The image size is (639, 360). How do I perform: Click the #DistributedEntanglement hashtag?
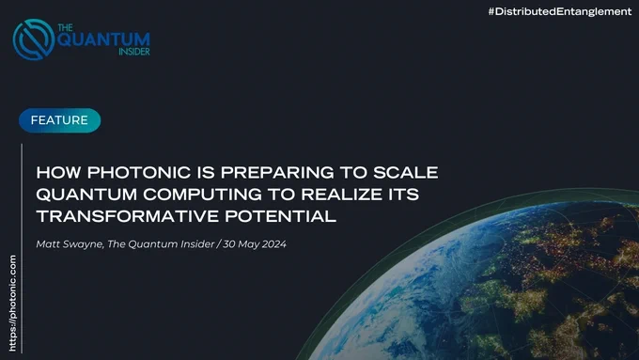click(x=560, y=11)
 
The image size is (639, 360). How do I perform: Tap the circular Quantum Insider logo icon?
click(x=34, y=39)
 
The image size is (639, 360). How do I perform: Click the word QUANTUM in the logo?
click(x=103, y=39)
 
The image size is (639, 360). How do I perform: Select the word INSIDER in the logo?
click(x=134, y=52)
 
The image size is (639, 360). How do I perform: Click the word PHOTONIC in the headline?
click(x=139, y=172)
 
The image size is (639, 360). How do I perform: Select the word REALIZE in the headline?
click(x=339, y=194)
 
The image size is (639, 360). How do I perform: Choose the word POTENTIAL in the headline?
click(x=281, y=216)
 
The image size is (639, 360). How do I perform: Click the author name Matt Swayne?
click(x=70, y=244)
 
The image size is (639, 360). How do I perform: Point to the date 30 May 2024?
click(x=255, y=244)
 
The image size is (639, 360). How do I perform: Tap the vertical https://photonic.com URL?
click(x=12, y=303)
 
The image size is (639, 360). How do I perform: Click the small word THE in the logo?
click(x=65, y=27)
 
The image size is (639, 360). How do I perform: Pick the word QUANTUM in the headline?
click(x=86, y=195)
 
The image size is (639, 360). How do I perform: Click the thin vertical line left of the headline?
click(x=22, y=248)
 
